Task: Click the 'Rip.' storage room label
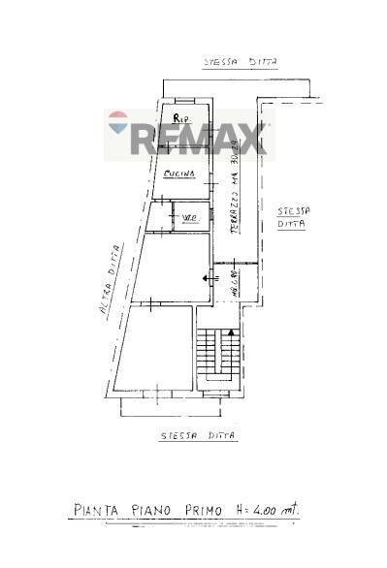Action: click(179, 119)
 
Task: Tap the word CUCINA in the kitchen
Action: click(180, 174)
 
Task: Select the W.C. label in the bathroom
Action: click(188, 217)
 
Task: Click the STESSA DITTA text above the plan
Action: click(241, 63)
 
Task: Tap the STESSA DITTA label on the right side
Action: click(291, 216)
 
